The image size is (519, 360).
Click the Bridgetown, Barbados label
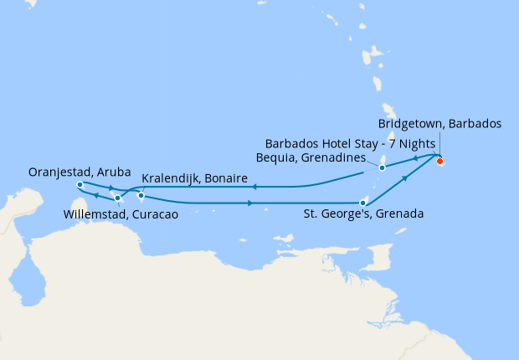445,124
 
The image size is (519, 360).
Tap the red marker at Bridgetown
439,161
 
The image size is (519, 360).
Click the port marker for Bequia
382,167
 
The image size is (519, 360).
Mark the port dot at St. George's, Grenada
362,202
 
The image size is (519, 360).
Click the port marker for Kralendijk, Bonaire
141,197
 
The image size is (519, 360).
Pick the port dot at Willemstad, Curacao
117,198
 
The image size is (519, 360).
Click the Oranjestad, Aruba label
80,172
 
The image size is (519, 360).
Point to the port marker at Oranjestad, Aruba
79,184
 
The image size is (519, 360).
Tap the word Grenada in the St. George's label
400,213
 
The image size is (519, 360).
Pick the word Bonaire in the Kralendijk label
222,179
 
